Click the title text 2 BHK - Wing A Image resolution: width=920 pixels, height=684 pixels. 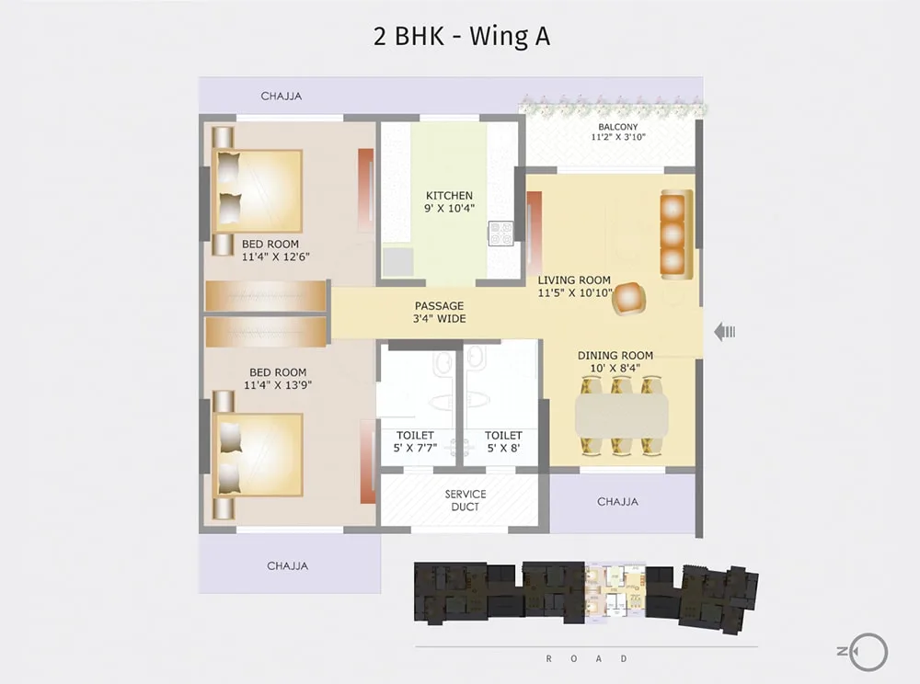[462, 37]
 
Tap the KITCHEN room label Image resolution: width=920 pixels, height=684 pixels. [450, 195]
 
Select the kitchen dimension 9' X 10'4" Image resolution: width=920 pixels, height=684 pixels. [450, 208]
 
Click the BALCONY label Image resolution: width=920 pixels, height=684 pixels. [618, 127]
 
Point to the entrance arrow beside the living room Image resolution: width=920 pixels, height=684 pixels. [725, 332]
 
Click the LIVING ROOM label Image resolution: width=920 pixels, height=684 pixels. [574, 280]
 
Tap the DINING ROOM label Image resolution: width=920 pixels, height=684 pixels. [615, 355]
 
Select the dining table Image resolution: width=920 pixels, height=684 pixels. [622, 415]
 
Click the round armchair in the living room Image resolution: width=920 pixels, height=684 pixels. [629, 299]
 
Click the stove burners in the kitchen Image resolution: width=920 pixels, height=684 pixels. [501, 234]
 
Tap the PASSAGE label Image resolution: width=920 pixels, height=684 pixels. [440, 306]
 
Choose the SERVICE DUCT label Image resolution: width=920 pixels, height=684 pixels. [466, 500]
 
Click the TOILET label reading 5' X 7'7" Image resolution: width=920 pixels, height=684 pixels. [415, 441]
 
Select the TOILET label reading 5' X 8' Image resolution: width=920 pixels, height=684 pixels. [503, 441]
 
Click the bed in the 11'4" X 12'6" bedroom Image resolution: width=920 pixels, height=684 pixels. [259, 190]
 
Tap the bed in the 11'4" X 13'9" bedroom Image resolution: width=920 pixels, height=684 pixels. [259, 455]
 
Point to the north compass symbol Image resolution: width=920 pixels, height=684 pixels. [863, 651]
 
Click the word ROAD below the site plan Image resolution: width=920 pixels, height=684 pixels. [587, 658]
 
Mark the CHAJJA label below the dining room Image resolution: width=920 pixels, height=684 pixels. [618, 502]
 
